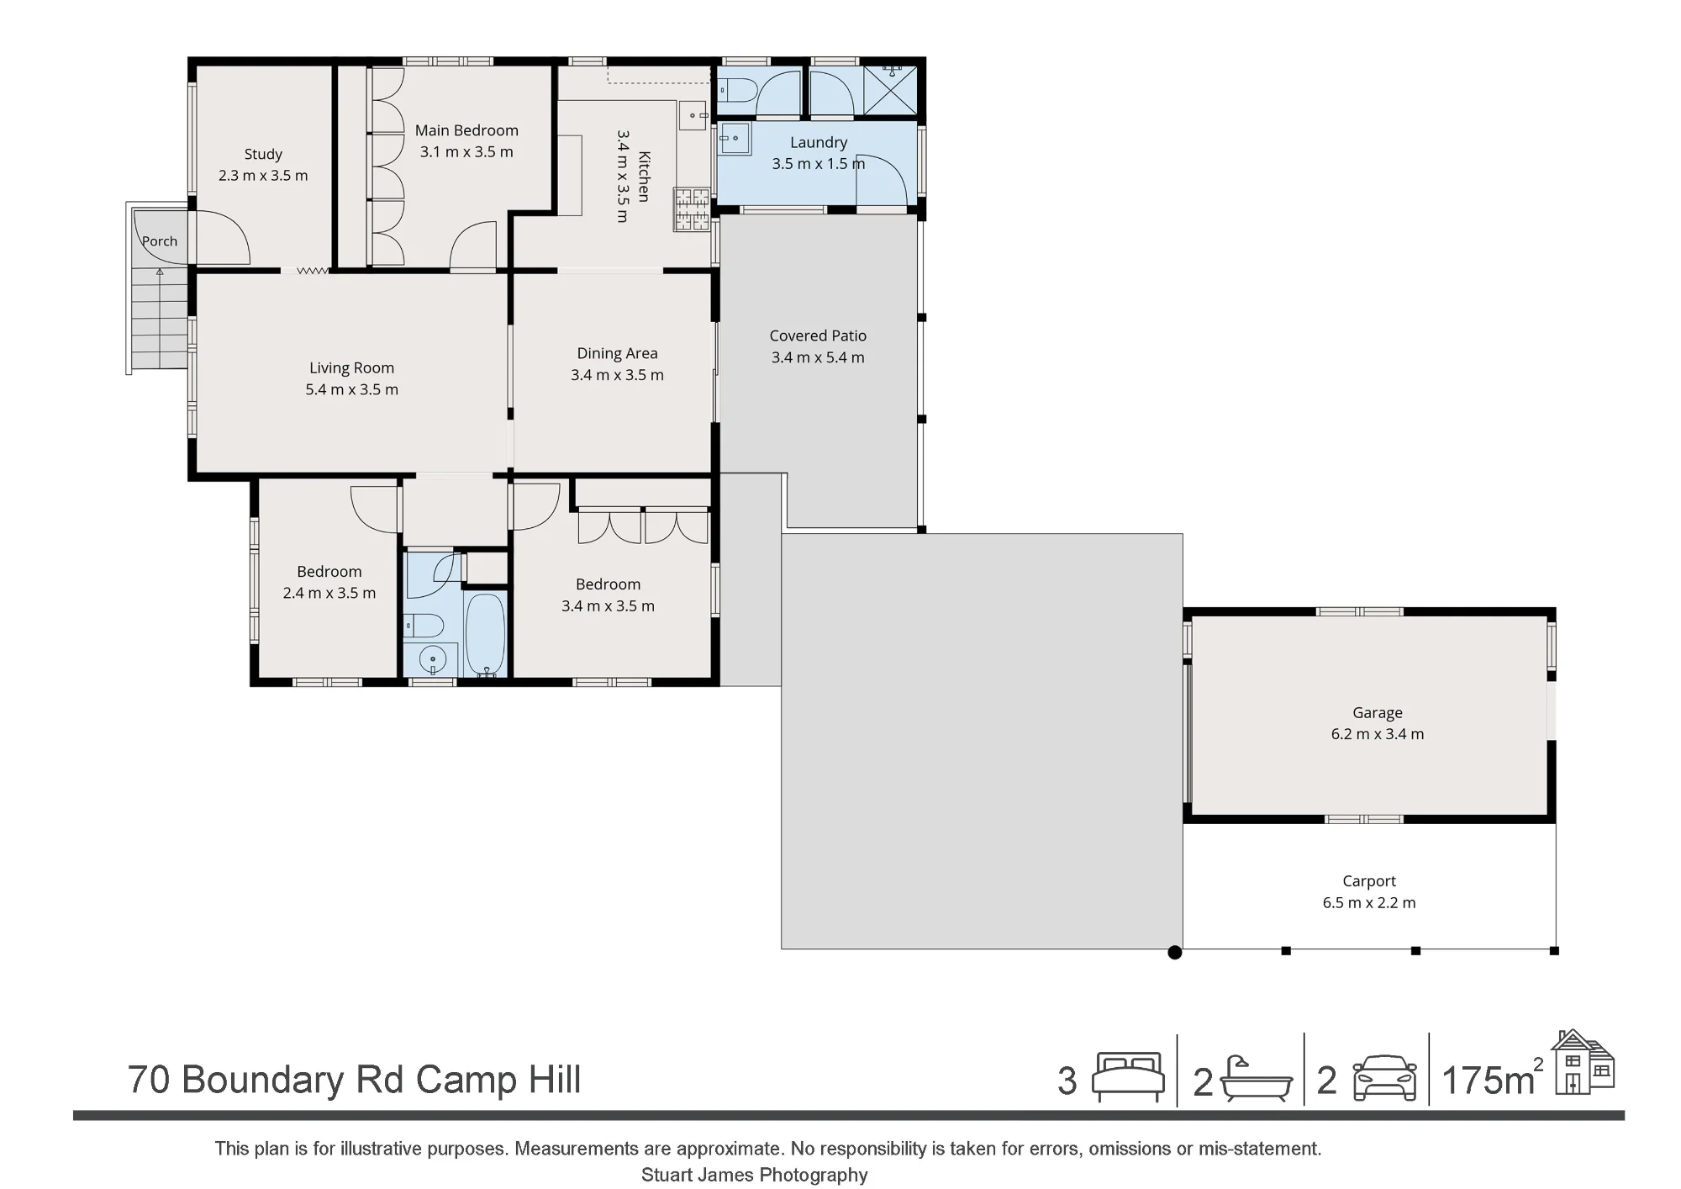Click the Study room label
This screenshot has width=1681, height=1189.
[263, 154]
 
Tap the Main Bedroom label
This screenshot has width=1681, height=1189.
[466, 130]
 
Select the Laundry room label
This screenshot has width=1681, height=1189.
[819, 142]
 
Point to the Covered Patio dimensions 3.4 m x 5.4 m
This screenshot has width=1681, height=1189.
[818, 357]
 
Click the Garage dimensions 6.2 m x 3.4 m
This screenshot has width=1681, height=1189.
[1378, 734]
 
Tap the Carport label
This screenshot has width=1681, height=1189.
[1369, 881]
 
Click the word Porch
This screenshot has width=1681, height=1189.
[160, 241]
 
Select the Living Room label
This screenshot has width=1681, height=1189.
[351, 367]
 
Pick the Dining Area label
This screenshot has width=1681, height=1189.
[617, 353]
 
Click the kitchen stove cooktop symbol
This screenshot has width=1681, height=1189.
[691, 209]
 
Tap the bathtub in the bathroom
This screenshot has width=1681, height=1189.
[485, 635]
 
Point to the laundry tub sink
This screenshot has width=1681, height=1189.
[735, 139]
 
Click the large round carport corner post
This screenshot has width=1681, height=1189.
[1175, 953]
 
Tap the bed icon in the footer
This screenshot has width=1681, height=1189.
[1128, 1077]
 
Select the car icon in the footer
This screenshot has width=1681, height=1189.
[1384, 1078]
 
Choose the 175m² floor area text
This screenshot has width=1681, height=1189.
[1493, 1079]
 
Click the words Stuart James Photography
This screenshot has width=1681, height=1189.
[755, 1175]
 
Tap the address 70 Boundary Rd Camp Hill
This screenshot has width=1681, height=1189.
[354, 1080]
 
